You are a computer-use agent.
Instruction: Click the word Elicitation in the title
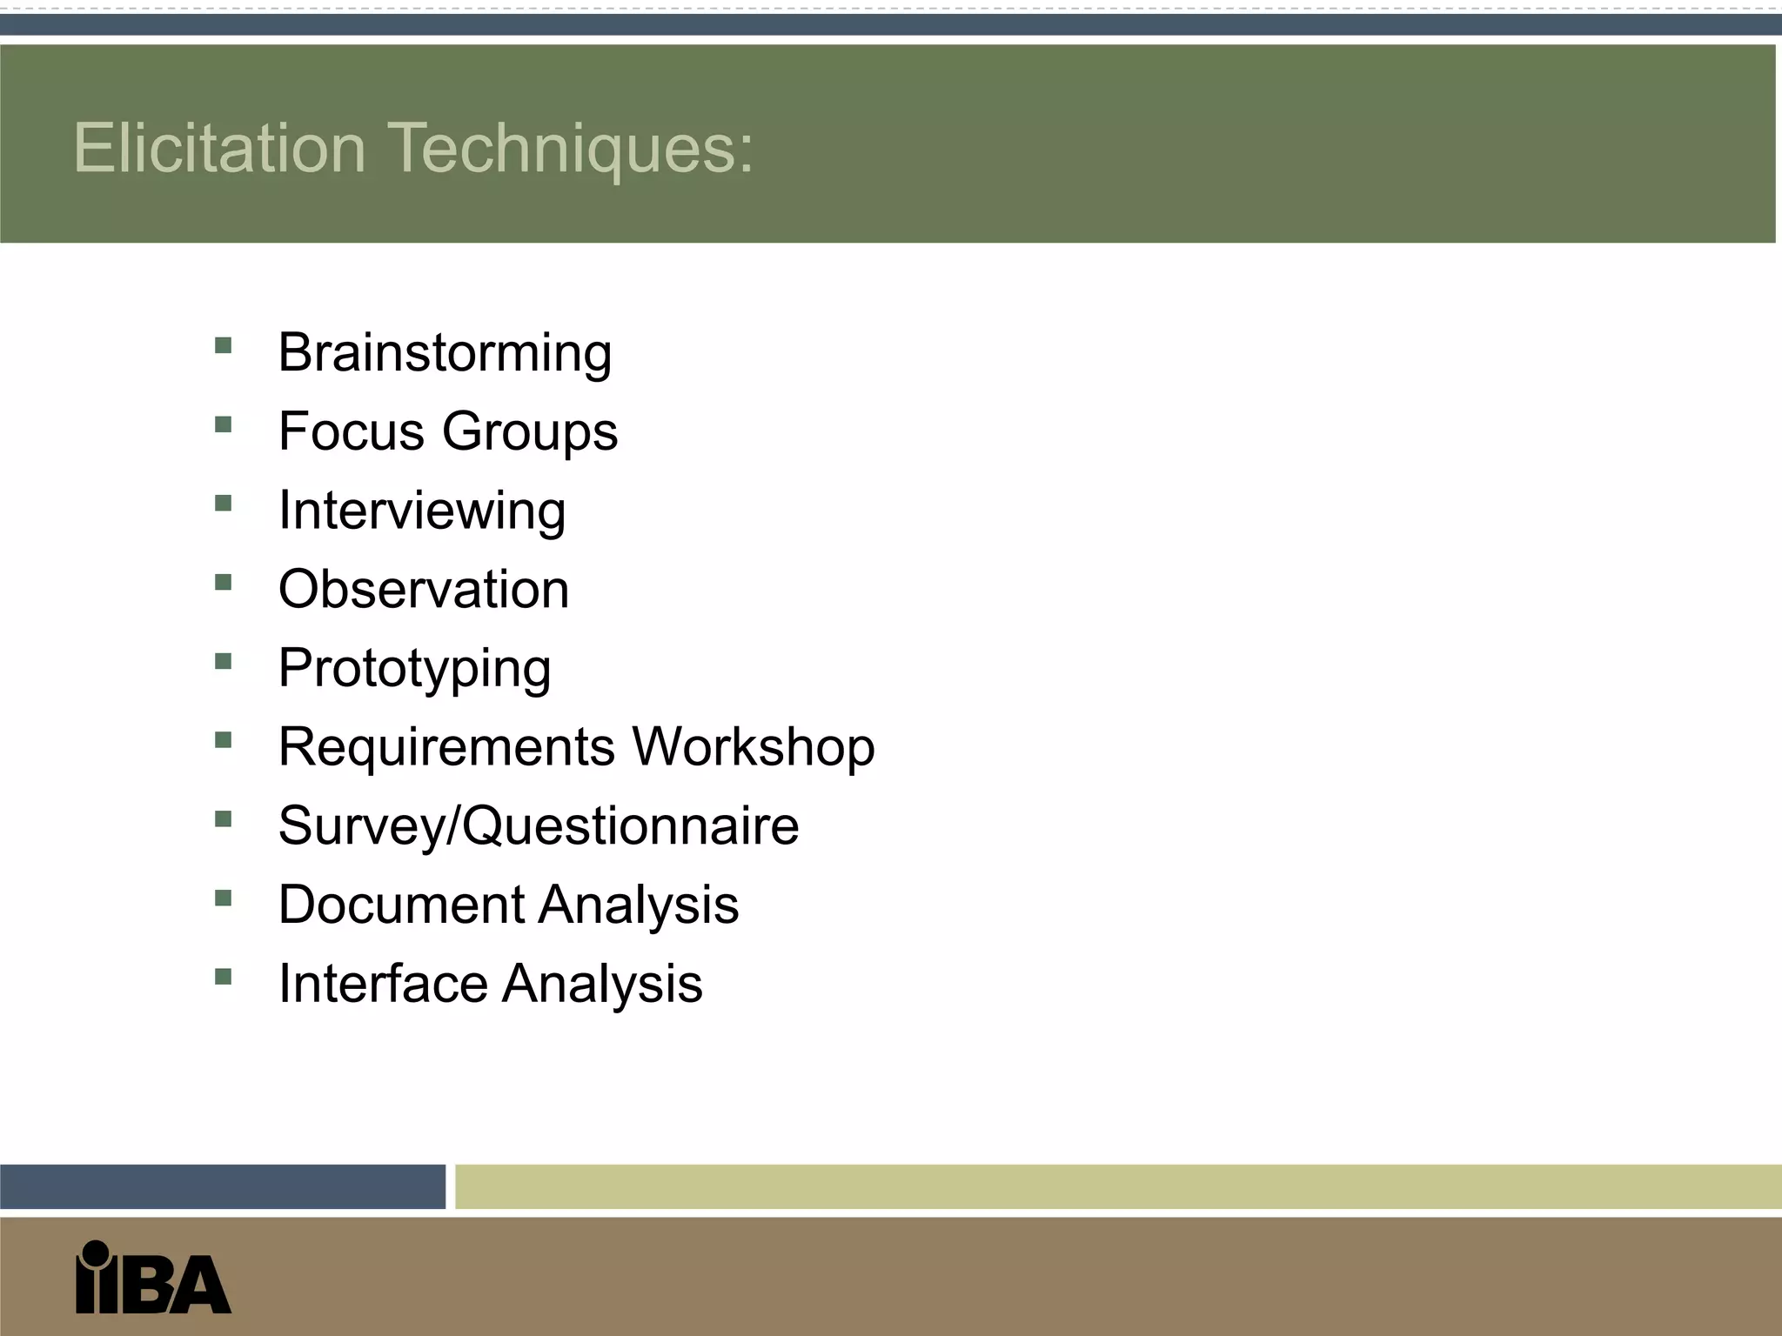tap(219, 148)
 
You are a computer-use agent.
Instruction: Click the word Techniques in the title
tap(569, 148)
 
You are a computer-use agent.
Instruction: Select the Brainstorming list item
tap(445, 353)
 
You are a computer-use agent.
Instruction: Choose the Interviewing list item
tap(422, 511)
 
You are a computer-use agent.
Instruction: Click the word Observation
tap(424, 589)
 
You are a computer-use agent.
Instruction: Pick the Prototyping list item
tap(414, 669)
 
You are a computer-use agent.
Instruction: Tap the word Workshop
tap(754, 747)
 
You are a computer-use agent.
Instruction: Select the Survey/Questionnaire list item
tap(539, 826)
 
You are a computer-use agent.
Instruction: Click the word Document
tap(401, 905)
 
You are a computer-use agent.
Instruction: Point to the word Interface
tap(382, 984)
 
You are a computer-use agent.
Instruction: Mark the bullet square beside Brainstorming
tap(224, 346)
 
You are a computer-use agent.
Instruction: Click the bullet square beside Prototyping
tap(224, 662)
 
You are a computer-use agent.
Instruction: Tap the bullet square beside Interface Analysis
tap(224, 977)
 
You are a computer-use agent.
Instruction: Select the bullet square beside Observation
tap(224, 583)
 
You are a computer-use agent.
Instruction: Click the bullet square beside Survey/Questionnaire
tap(224, 819)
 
